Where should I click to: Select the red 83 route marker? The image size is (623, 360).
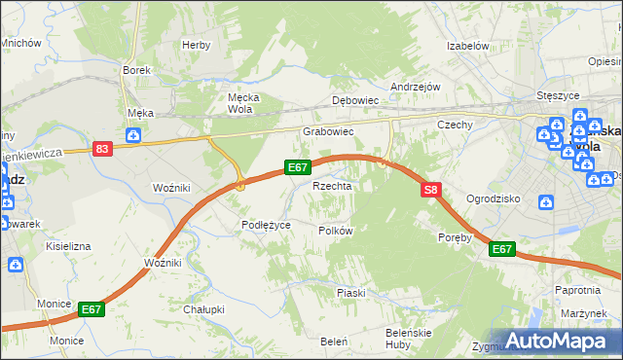103,148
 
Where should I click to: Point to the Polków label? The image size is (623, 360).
335,231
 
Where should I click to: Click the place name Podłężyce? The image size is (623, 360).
267,225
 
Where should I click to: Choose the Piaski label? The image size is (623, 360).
350,293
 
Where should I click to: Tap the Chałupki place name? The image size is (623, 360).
204,309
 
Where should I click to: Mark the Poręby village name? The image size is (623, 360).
455,236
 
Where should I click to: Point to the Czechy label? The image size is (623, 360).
455,125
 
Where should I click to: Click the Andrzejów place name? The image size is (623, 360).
416,87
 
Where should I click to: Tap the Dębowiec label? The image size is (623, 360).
354,100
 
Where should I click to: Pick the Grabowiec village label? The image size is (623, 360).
327,131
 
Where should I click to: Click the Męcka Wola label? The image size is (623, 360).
239,103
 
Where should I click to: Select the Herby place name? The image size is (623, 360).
196,45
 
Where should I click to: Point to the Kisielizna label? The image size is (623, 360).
68,246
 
